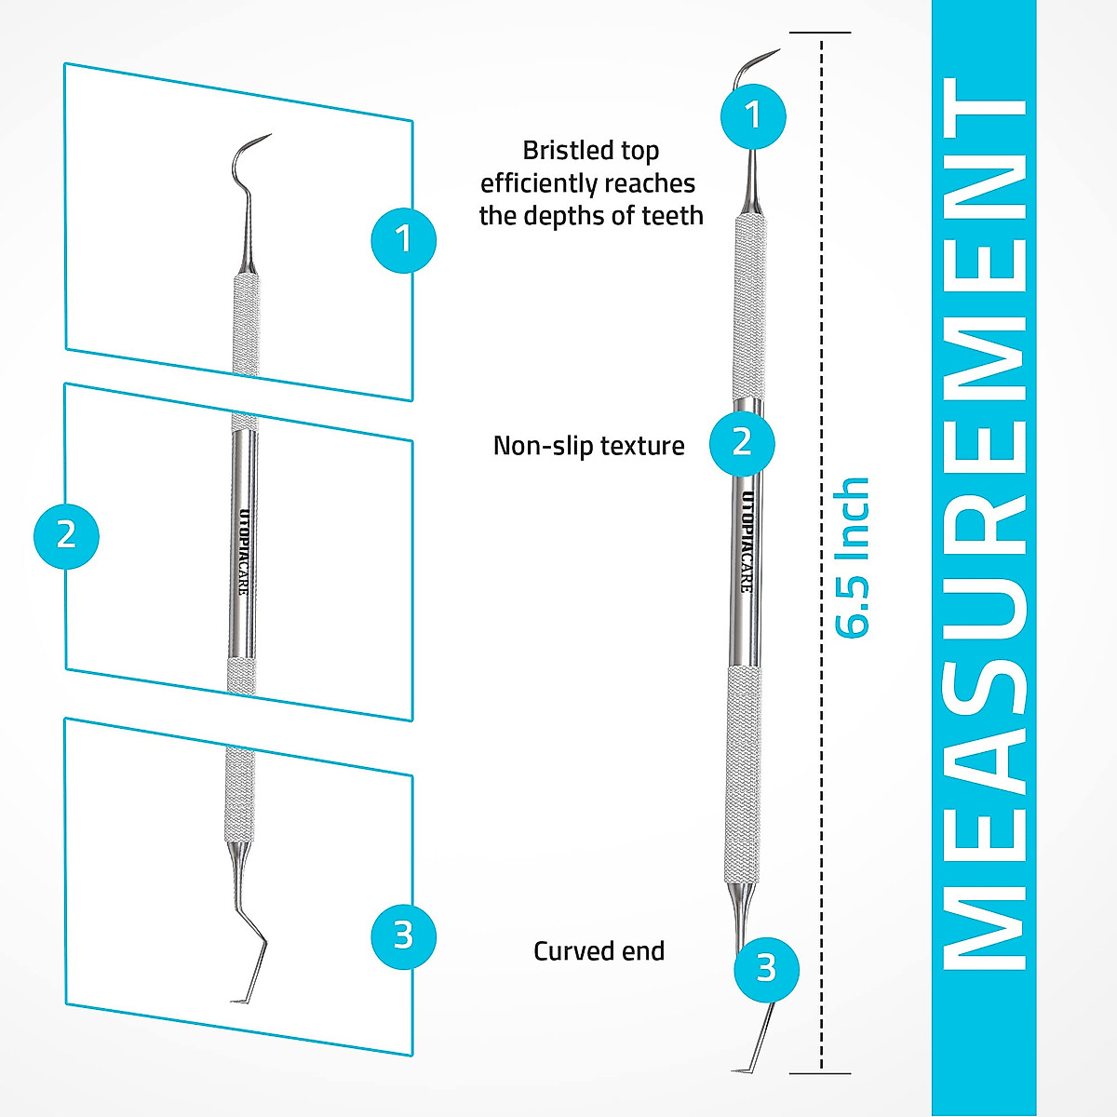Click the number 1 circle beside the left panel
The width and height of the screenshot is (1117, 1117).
pyautogui.click(x=403, y=239)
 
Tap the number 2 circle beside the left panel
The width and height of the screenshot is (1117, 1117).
pyautogui.click(x=66, y=535)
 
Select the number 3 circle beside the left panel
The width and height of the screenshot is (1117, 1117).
pyautogui.click(x=403, y=935)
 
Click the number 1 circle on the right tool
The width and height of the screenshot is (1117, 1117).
pyautogui.click(x=753, y=115)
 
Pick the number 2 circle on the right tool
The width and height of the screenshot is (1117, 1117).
pyautogui.click(x=741, y=442)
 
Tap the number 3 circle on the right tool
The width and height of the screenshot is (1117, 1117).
pyautogui.click(x=765, y=969)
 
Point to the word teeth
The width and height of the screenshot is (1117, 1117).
pyautogui.click(x=672, y=216)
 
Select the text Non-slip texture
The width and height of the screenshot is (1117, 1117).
pyautogui.click(x=588, y=446)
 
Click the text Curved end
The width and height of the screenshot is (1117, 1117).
pyautogui.click(x=599, y=951)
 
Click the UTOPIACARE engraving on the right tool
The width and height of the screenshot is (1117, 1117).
pyautogui.click(x=747, y=540)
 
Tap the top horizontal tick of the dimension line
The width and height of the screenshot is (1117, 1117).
pyautogui.click(x=821, y=34)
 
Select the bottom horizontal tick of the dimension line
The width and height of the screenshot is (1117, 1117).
pyautogui.click(x=821, y=1073)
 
